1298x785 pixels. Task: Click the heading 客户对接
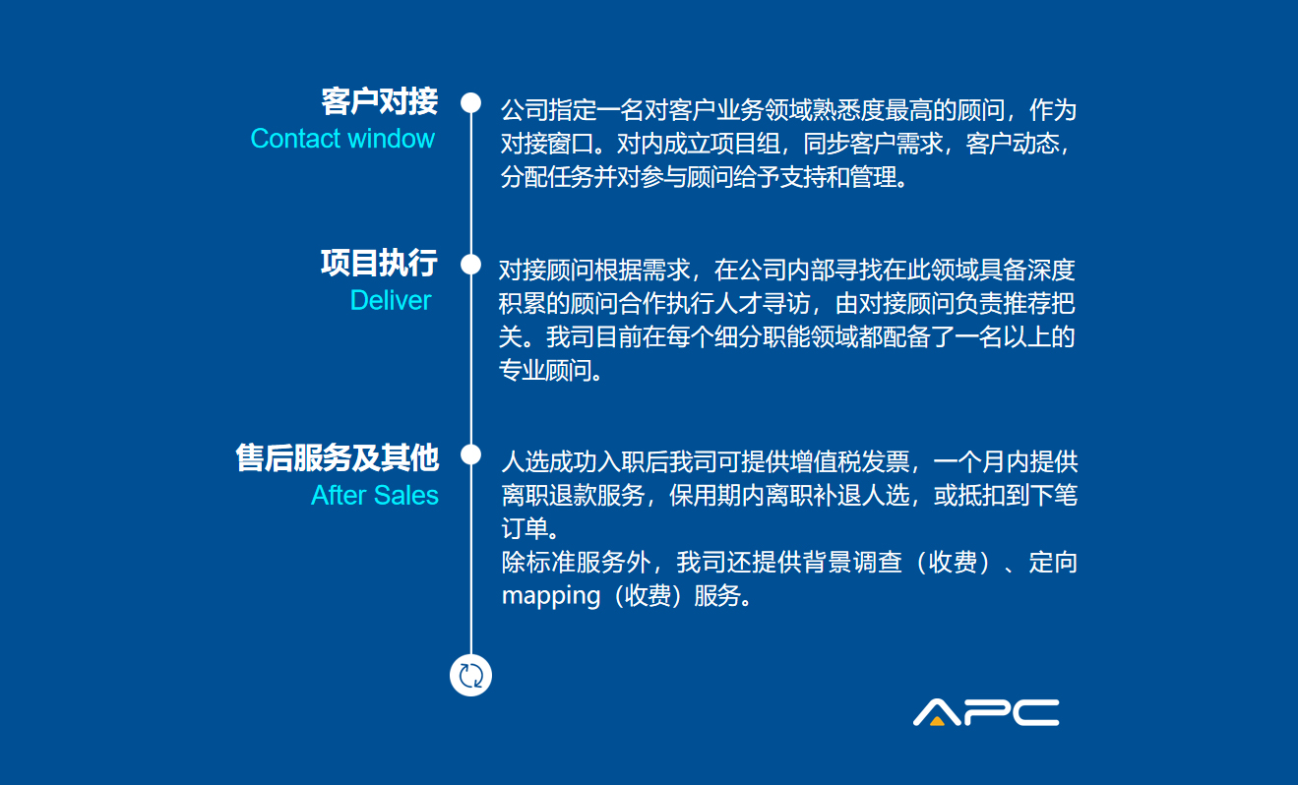pos(380,101)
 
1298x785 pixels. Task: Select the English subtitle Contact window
pos(342,139)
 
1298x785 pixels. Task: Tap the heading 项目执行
pos(380,263)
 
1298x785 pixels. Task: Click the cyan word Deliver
pos(391,301)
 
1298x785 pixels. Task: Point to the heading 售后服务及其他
pos(338,457)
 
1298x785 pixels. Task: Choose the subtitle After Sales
pos(375,496)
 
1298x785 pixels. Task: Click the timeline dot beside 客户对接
pos(471,103)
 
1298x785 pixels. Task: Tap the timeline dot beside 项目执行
pos(471,265)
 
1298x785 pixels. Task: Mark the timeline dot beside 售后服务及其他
pos(471,454)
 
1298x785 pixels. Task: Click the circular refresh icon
pos(470,676)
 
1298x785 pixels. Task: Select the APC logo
pos(986,712)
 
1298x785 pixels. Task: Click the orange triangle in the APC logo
pos(937,721)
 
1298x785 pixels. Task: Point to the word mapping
pos(551,595)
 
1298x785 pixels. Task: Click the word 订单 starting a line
pos(525,529)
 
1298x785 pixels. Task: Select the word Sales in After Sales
pos(406,496)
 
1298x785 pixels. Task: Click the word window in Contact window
pos(391,139)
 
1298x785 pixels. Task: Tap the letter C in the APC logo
pos(1036,712)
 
